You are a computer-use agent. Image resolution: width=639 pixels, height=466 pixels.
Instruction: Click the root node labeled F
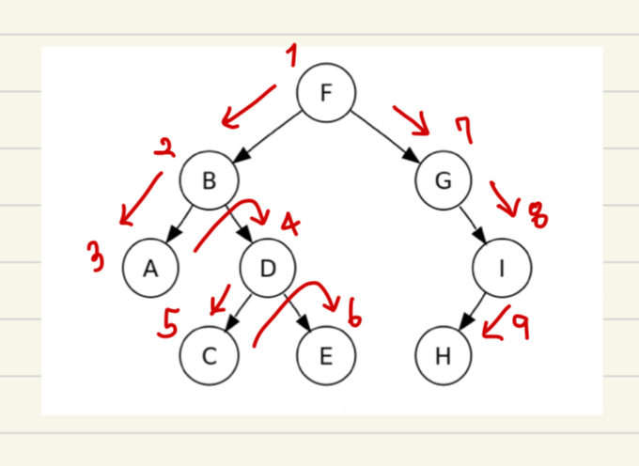point(326,92)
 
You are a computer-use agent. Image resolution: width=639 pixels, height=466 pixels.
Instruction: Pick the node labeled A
point(150,269)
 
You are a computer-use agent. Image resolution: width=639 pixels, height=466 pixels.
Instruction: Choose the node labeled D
point(268,269)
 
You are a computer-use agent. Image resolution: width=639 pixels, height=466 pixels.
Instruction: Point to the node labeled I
point(502,269)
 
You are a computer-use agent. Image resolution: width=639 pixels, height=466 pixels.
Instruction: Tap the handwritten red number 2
point(165,148)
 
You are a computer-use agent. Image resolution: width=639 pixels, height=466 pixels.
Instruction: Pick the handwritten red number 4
point(290,226)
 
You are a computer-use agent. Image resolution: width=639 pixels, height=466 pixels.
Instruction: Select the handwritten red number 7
point(462,130)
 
